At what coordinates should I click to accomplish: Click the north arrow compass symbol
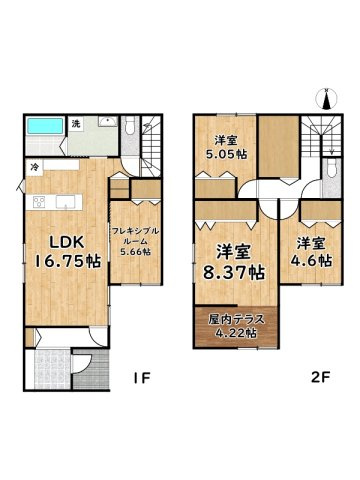tap(326, 99)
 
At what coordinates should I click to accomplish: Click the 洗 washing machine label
tap(75, 124)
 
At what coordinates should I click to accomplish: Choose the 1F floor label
tap(144, 379)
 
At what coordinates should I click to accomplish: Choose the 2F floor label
tap(319, 379)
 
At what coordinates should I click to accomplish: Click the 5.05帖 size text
tap(228, 155)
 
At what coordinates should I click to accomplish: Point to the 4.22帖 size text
tap(237, 333)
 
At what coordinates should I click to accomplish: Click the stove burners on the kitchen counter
tap(39, 204)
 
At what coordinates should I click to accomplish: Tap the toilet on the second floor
tap(331, 176)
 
